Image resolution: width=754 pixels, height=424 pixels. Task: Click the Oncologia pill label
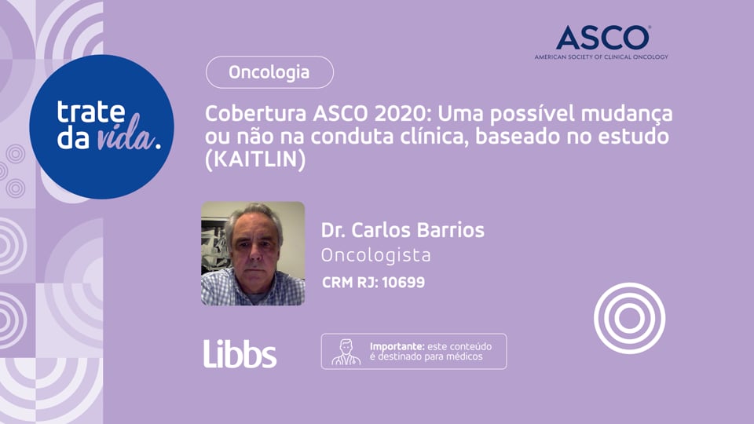269,73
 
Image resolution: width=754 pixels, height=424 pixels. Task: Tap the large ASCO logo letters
602,38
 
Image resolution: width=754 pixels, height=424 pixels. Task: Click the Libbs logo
240,353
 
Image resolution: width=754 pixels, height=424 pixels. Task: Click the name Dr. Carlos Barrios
402,230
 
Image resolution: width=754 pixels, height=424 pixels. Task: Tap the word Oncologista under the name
375,255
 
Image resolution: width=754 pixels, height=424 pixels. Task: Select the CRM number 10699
403,282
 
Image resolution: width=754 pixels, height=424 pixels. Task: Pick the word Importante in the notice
397,345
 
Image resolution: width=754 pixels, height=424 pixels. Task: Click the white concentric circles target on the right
629,317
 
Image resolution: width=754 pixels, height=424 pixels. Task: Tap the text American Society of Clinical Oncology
601,57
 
